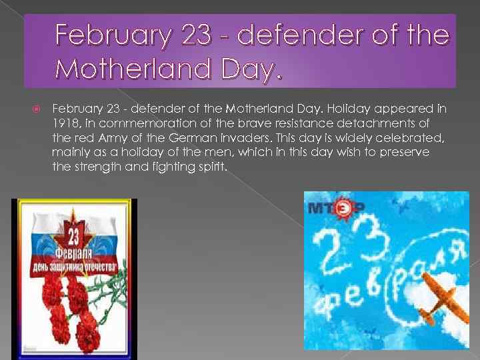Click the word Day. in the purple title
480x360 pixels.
[249, 67]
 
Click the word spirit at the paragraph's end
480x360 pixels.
[211, 167]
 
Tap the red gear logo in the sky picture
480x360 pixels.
[343, 208]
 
